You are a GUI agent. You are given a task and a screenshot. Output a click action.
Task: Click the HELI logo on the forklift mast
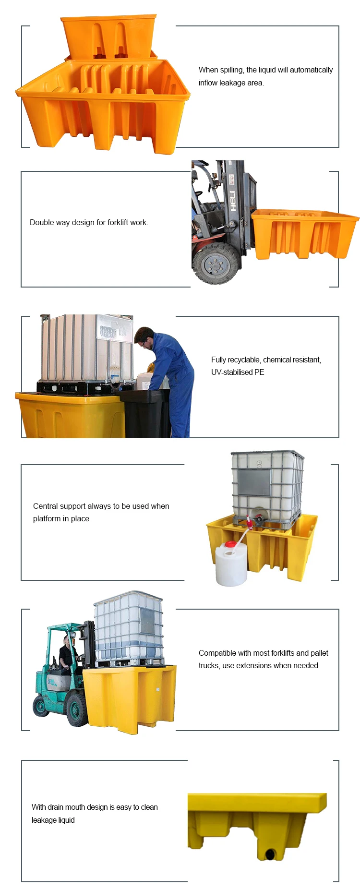(233, 201)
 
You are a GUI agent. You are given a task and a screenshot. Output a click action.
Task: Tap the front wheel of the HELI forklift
(215, 264)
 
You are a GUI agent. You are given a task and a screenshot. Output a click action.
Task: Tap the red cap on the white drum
(230, 544)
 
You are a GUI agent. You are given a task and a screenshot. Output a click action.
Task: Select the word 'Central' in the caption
(46, 506)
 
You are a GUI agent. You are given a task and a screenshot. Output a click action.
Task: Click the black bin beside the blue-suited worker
(145, 413)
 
